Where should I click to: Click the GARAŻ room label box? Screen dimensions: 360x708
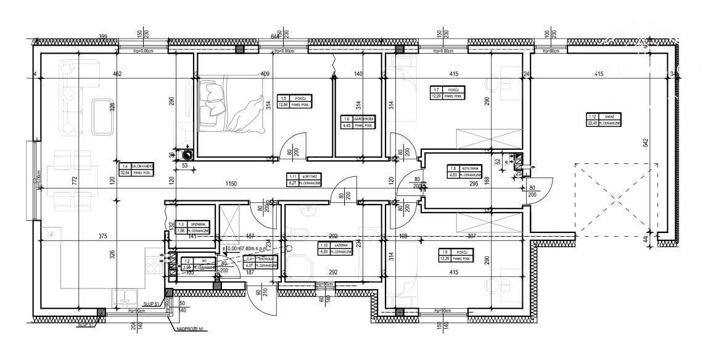(603, 119)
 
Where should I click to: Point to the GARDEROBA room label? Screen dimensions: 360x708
(358, 122)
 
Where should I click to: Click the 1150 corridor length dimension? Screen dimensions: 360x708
(231, 184)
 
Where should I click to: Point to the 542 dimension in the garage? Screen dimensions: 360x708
(645, 143)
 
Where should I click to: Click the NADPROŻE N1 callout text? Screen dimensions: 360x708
(191, 330)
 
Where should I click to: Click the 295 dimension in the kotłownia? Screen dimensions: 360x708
(475, 183)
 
